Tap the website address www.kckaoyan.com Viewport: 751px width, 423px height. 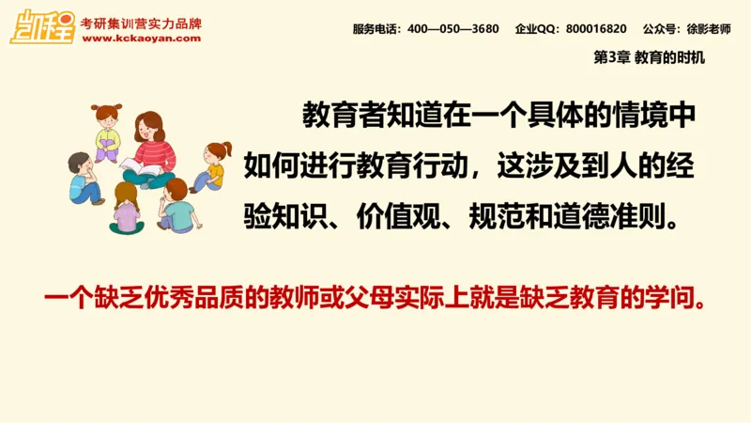coord(141,39)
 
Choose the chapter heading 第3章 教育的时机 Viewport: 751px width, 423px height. coord(649,57)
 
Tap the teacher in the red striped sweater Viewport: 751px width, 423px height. coord(150,146)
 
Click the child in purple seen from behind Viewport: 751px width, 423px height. coord(126,210)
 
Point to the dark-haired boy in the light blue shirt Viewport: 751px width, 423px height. coord(84,179)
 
